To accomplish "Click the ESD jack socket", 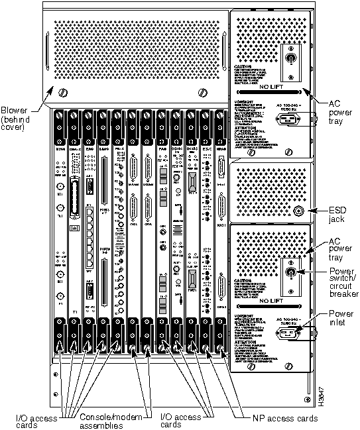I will pos(298,211).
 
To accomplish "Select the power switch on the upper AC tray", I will pos(289,58).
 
